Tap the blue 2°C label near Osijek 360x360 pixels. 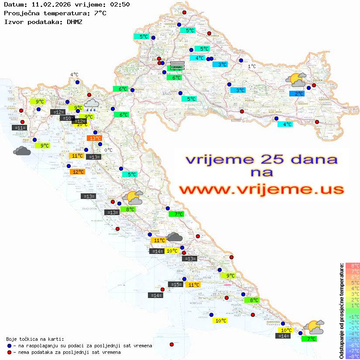pyautogui.click(x=297, y=93)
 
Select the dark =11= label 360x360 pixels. pyautogui.click(x=20, y=127)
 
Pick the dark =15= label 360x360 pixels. pyautogui.click(x=175, y=284)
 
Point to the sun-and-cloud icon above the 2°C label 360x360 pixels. pyautogui.click(x=296, y=80)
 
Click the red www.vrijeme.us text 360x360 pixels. pyautogui.click(x=261, y=189)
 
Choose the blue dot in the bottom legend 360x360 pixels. pyautogui.click(x=10, y=346)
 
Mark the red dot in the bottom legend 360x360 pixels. pyautogui.click(x=10, y=352)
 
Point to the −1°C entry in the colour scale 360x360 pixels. pyautogui.click(x=353, y=316)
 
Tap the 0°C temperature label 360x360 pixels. pyautogui.click(x=108, y=150)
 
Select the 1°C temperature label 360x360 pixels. pyautogui.click(x=252, y=66)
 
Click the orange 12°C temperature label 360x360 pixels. pyautogui.click(x=77, y=172)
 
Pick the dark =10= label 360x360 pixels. pyautogui.click(x=67, y=118)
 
